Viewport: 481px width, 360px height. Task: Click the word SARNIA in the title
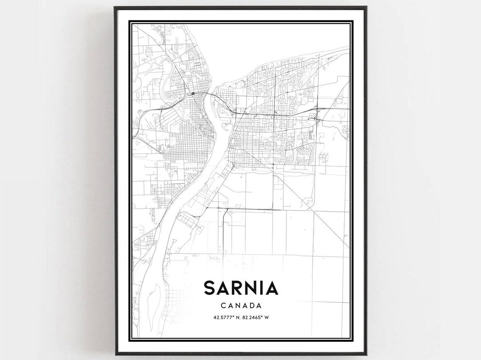(x=241, y=288)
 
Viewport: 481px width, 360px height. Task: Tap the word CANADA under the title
(x=241, y=306)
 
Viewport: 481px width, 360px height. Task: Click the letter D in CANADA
(x=250, y=306)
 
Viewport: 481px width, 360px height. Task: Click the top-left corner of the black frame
(x=114, y=7)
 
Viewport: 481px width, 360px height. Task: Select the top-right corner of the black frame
(x=366, y=7)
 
